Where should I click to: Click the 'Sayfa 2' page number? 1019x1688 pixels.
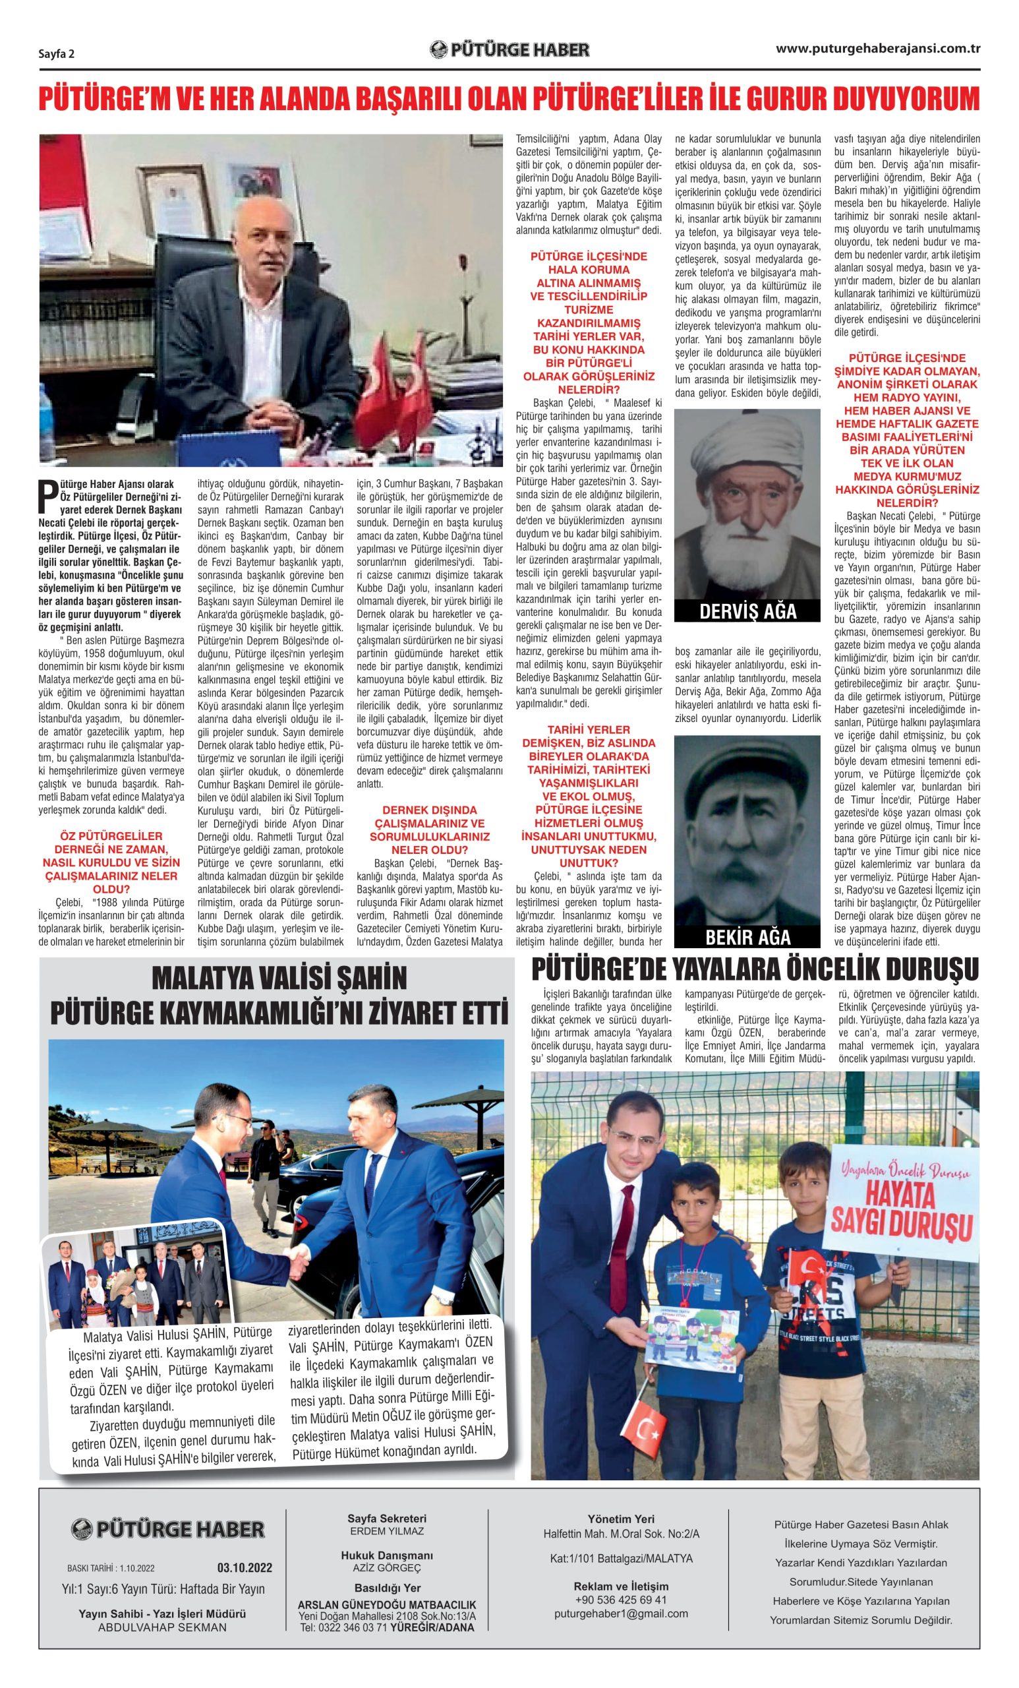55,54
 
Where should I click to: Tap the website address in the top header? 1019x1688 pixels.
877,49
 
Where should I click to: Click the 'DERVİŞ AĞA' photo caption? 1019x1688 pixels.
747,611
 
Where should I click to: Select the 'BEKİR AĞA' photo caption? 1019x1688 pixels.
747,937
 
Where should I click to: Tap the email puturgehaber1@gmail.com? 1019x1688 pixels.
620,1613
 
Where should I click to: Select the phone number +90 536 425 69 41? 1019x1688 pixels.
620,1600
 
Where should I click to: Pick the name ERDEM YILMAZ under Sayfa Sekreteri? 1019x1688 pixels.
387,1531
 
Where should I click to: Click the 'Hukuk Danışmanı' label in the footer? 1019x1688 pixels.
387,1555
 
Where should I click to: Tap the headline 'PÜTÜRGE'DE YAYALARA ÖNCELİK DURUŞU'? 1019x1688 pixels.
755,969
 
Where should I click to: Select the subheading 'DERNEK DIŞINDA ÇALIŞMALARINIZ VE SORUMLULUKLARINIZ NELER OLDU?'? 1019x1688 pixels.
429,829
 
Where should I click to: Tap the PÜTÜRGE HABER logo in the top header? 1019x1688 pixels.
509,50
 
